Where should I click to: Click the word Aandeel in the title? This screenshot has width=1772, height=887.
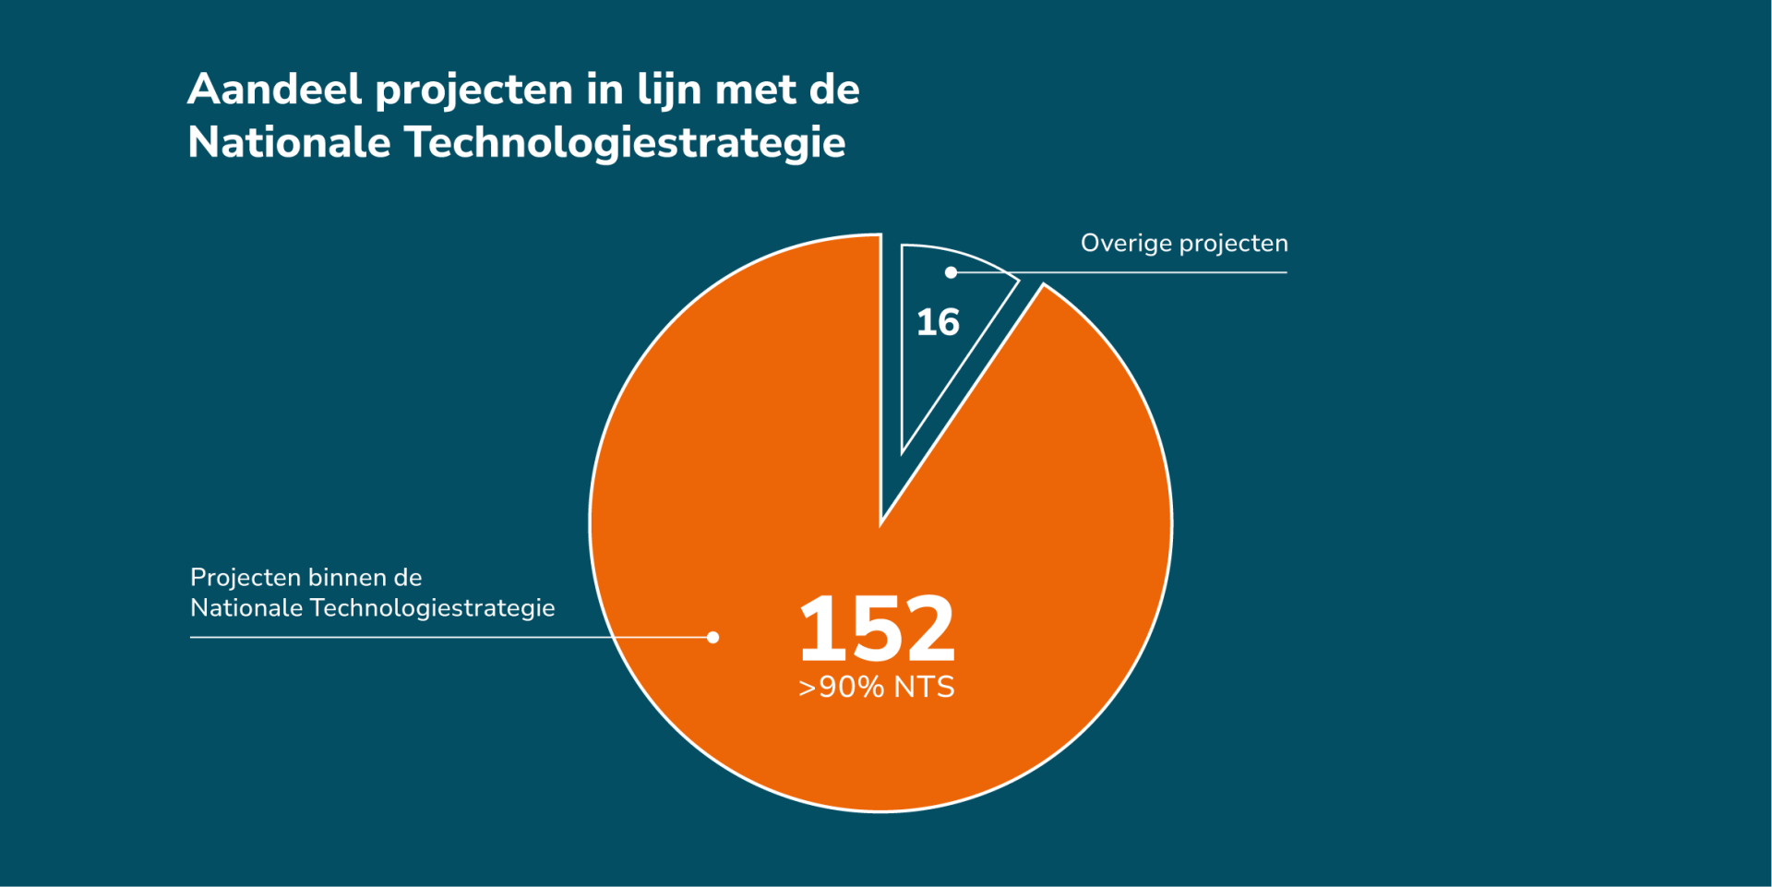[274, 90]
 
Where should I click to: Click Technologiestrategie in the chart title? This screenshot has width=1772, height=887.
[624, 143]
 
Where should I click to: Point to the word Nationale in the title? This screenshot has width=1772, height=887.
[289, 143]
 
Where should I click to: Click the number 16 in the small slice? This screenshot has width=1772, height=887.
[938, 323]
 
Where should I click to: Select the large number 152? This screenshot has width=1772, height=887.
[877, 629]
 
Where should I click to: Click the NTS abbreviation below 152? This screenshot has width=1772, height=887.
[924, 688]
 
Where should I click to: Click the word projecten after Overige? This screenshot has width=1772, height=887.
[1234, 245]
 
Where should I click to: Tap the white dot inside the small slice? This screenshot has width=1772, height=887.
[951, 272]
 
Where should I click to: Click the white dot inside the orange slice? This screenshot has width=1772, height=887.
[712, 637]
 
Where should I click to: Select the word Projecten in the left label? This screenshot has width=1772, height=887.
[245, 578]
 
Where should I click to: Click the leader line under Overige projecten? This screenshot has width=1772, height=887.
[1154, 272]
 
